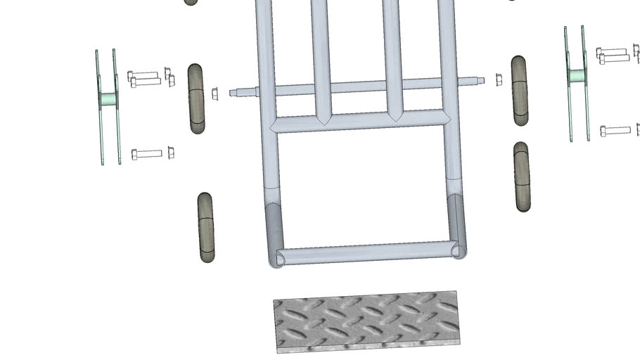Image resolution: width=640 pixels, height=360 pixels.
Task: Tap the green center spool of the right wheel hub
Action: point(577,75)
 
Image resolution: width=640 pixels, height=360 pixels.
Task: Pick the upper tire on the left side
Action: point(196,98)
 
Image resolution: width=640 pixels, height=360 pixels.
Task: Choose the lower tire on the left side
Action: point(205,228)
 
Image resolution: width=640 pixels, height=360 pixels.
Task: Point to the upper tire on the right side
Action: point(520,91)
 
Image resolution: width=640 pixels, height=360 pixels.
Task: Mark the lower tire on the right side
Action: point(521,176)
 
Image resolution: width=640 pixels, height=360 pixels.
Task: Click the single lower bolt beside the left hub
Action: point(147,153)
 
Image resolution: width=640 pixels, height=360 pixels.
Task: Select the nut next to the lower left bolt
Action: point(171,153)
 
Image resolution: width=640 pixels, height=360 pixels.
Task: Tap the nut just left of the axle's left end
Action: point(215,93)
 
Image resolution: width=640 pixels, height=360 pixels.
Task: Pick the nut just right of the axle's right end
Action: point(499,79)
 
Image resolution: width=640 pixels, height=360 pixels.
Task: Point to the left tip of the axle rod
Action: point(233,91)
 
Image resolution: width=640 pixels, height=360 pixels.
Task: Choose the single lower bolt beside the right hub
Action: point(615,131)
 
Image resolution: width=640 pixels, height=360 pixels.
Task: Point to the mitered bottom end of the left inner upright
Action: point(323,115)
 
